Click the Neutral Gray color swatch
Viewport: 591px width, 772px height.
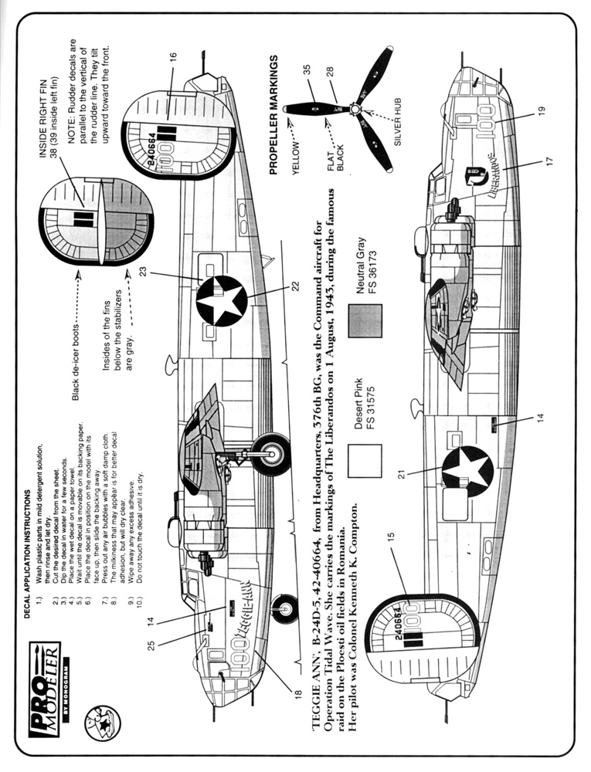pos(365,320)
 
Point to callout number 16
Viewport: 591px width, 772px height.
pos(174,58)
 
